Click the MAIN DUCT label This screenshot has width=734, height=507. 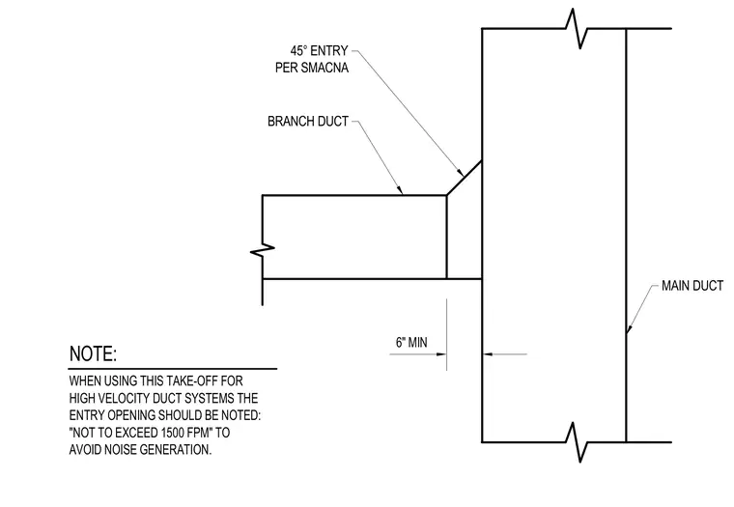point(692,286)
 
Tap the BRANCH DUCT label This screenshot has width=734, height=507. point(308,122)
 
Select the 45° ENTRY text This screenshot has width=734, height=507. point(319,50)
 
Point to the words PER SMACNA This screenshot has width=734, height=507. point(312,68)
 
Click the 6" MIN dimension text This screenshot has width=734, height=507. point(411,343)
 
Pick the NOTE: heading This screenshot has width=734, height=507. point(93,353)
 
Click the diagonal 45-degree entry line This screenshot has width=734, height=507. point(465,178)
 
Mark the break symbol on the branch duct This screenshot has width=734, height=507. point(263,250)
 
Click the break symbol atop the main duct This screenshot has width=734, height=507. point(577,29)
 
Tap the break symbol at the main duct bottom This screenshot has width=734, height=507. point(577,442)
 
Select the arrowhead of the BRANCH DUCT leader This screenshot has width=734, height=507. point(400,190)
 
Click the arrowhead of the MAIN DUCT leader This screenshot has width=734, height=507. point(629,328)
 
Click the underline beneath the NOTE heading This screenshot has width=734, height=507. point(173,369)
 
